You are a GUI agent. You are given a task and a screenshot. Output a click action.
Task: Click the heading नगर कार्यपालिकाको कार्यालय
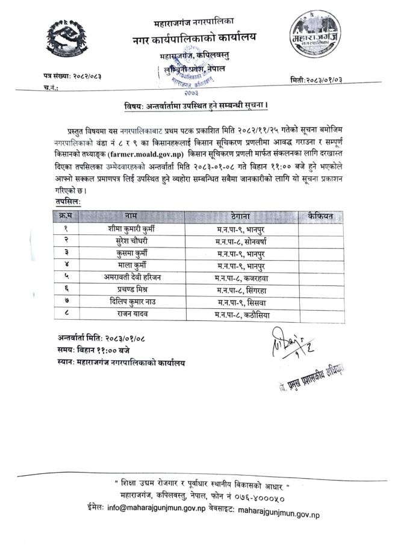click(194, 37)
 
